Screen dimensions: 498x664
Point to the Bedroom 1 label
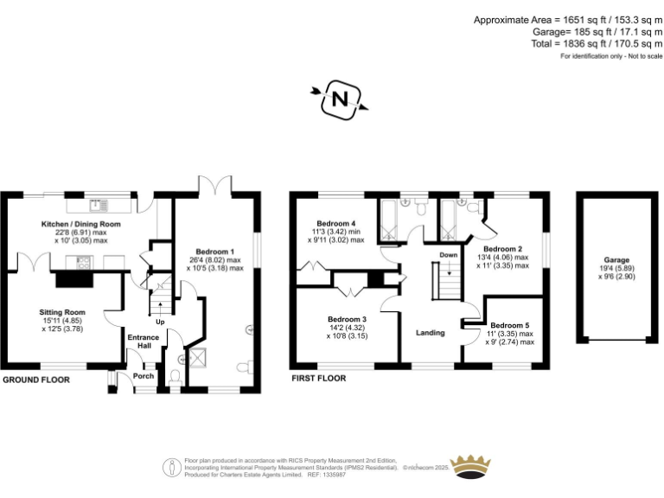pos(215,252)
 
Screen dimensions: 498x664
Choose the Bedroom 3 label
pos(347,319)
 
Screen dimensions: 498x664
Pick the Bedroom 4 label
pos(335,223)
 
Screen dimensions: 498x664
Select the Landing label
pos(430,333)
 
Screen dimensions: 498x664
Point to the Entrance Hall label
pos(143,342)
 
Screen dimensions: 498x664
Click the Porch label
pos(143,376)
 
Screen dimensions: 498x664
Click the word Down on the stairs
pos(448,255)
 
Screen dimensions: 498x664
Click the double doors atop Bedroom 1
pos(214,186)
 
